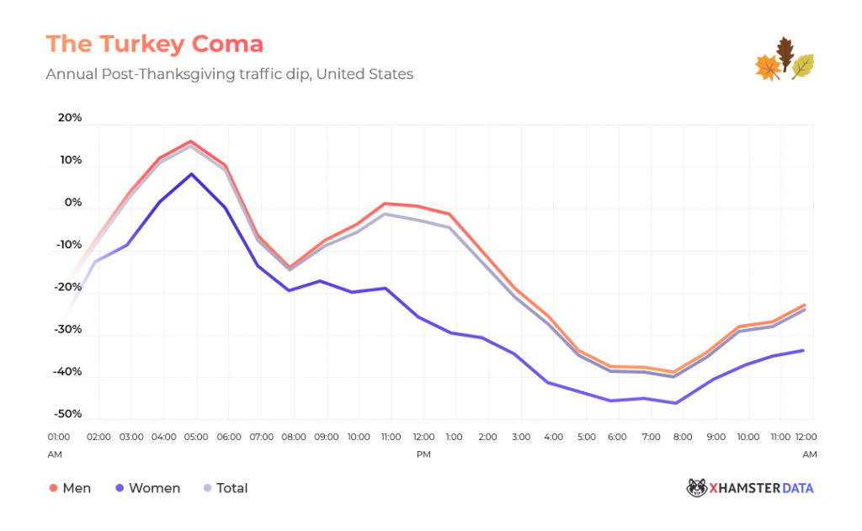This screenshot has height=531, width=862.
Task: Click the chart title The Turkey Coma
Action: point(154,44)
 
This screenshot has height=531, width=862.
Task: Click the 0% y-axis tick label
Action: point(73,203)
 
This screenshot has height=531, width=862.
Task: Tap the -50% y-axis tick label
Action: point(67,414)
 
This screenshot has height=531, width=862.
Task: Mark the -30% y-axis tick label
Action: point(67,329)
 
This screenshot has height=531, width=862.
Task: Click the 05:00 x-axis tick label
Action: point(196,438)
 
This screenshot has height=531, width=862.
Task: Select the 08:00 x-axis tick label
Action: point(294,438)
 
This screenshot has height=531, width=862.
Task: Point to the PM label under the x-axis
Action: point(423,454)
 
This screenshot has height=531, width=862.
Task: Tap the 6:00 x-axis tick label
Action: point(617,438)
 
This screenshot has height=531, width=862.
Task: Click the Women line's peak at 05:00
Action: point(192,174)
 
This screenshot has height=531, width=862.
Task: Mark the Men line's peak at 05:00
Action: point(191,141)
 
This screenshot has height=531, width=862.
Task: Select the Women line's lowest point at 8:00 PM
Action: point(676,403)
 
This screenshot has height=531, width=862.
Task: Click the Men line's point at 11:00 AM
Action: point(385,204)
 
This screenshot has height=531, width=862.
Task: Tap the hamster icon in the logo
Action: point(696,488)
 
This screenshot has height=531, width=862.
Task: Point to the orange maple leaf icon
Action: point(768,67)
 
